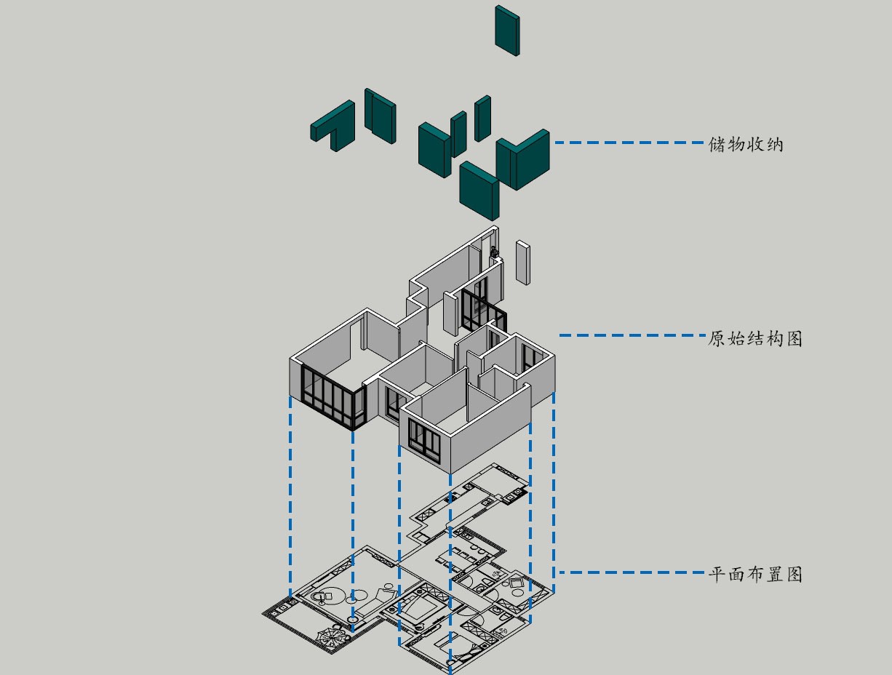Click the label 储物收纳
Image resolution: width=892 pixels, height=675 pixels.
746,144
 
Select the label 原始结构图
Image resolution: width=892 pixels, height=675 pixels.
755,338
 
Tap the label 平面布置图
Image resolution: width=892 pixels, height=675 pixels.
755,574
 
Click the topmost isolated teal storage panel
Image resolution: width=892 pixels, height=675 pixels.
507,30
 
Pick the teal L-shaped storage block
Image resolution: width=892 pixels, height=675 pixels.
333,126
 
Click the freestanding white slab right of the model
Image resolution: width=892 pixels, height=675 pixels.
522,262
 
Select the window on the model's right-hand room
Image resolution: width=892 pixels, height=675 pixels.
528,356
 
